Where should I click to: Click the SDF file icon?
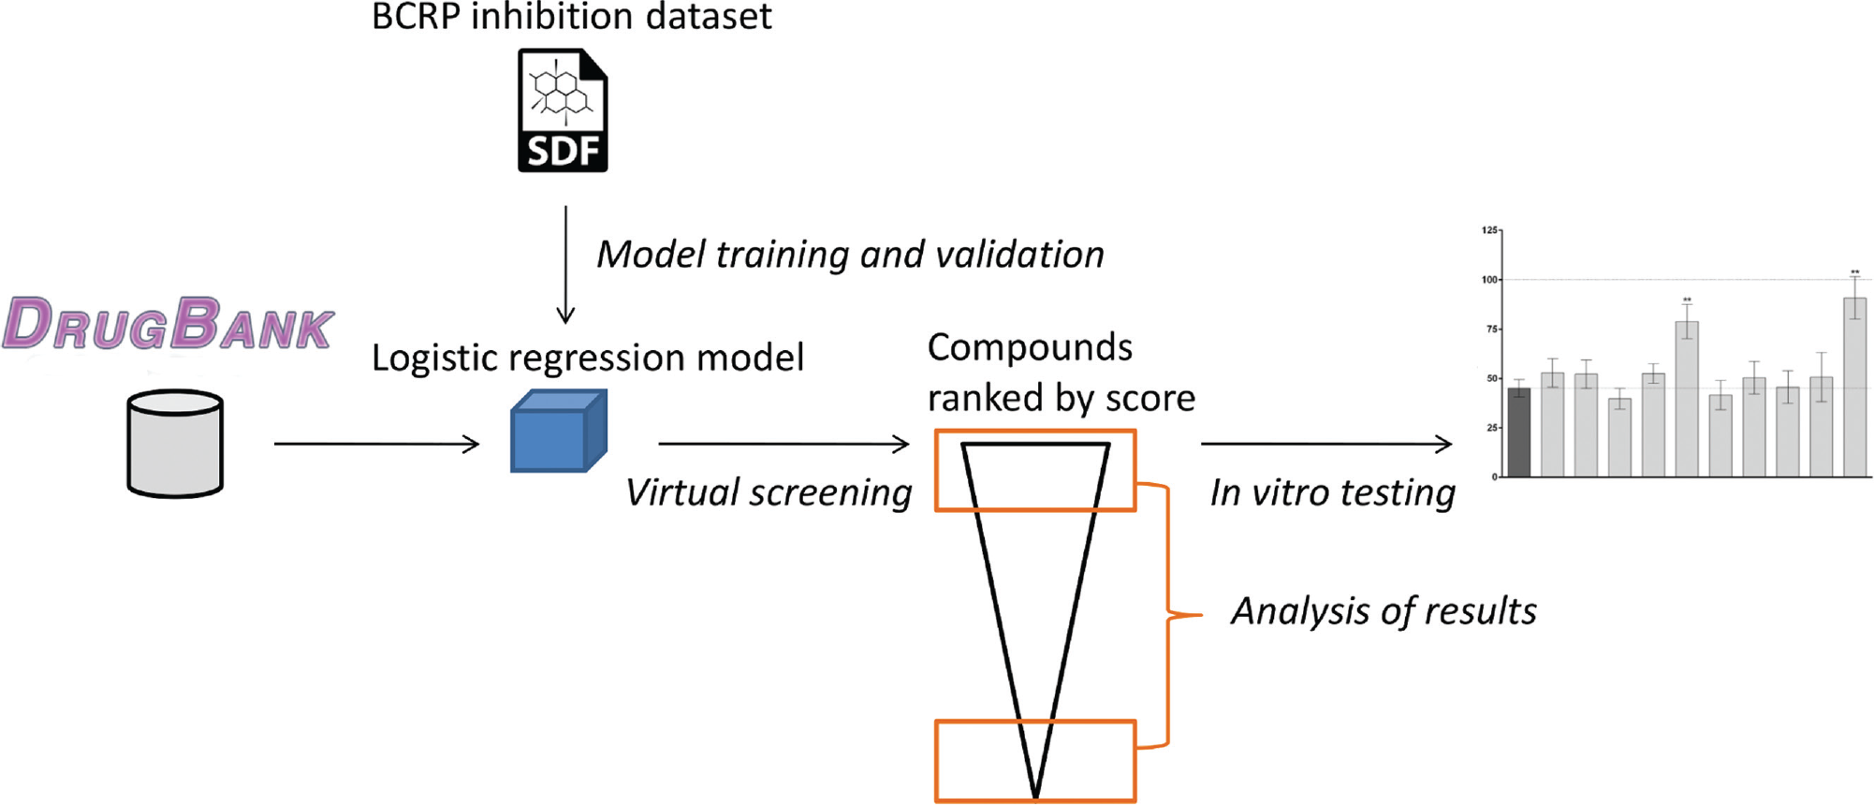[x=563, y=110]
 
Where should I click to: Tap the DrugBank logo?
[x=168, y=324]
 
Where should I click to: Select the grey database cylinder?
[x=175, y=444]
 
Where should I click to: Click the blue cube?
[x=559, y=431]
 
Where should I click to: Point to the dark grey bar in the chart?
[x=1518, y=432]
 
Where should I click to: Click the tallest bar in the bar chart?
[x=1854, y=388]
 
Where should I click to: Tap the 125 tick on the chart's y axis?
[x=1489, y=230]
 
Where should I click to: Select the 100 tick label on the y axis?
[x=1489, y=280]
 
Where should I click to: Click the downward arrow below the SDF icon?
[x=565, y=265]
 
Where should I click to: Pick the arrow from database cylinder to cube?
[x=376, y=444]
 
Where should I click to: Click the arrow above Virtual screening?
[x=783, y=444]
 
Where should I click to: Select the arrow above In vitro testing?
[x=1326, y=444]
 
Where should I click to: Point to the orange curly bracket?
[x=1168, y=615]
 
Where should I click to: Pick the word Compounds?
[x=1030, y=347]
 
